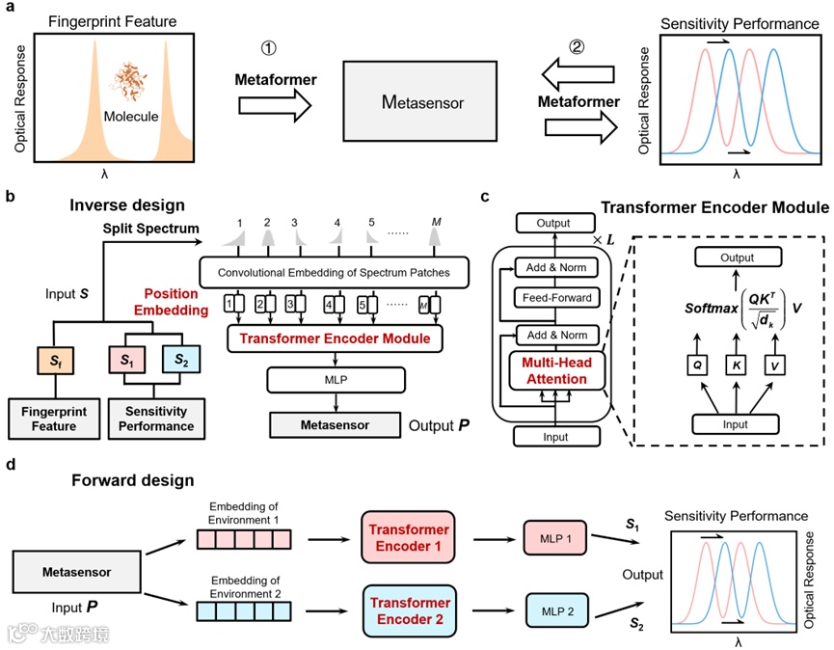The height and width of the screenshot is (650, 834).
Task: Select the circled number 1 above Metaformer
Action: (x=270, y=47)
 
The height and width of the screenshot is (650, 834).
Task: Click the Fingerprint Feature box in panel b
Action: (x=54, y=419)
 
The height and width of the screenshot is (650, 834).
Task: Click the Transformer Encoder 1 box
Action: (x=406, y=537)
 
